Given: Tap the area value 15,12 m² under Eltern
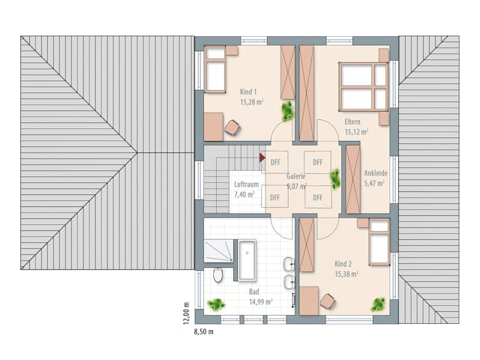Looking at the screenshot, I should (356, 132).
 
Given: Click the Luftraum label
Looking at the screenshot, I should (245, 184).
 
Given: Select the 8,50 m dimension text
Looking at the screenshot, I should (204, 331).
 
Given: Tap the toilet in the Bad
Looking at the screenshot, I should (217, 275).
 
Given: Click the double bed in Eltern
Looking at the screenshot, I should (364, 85).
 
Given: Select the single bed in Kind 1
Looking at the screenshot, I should (217, 70).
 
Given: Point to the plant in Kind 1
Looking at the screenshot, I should (287, 112).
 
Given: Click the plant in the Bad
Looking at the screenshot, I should (217, 305).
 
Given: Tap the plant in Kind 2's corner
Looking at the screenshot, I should (379, 304).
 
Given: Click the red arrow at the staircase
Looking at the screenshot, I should (262, 157).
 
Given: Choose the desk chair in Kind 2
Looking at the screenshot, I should (327, 301).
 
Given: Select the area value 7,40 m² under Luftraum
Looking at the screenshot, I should (244, 194).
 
